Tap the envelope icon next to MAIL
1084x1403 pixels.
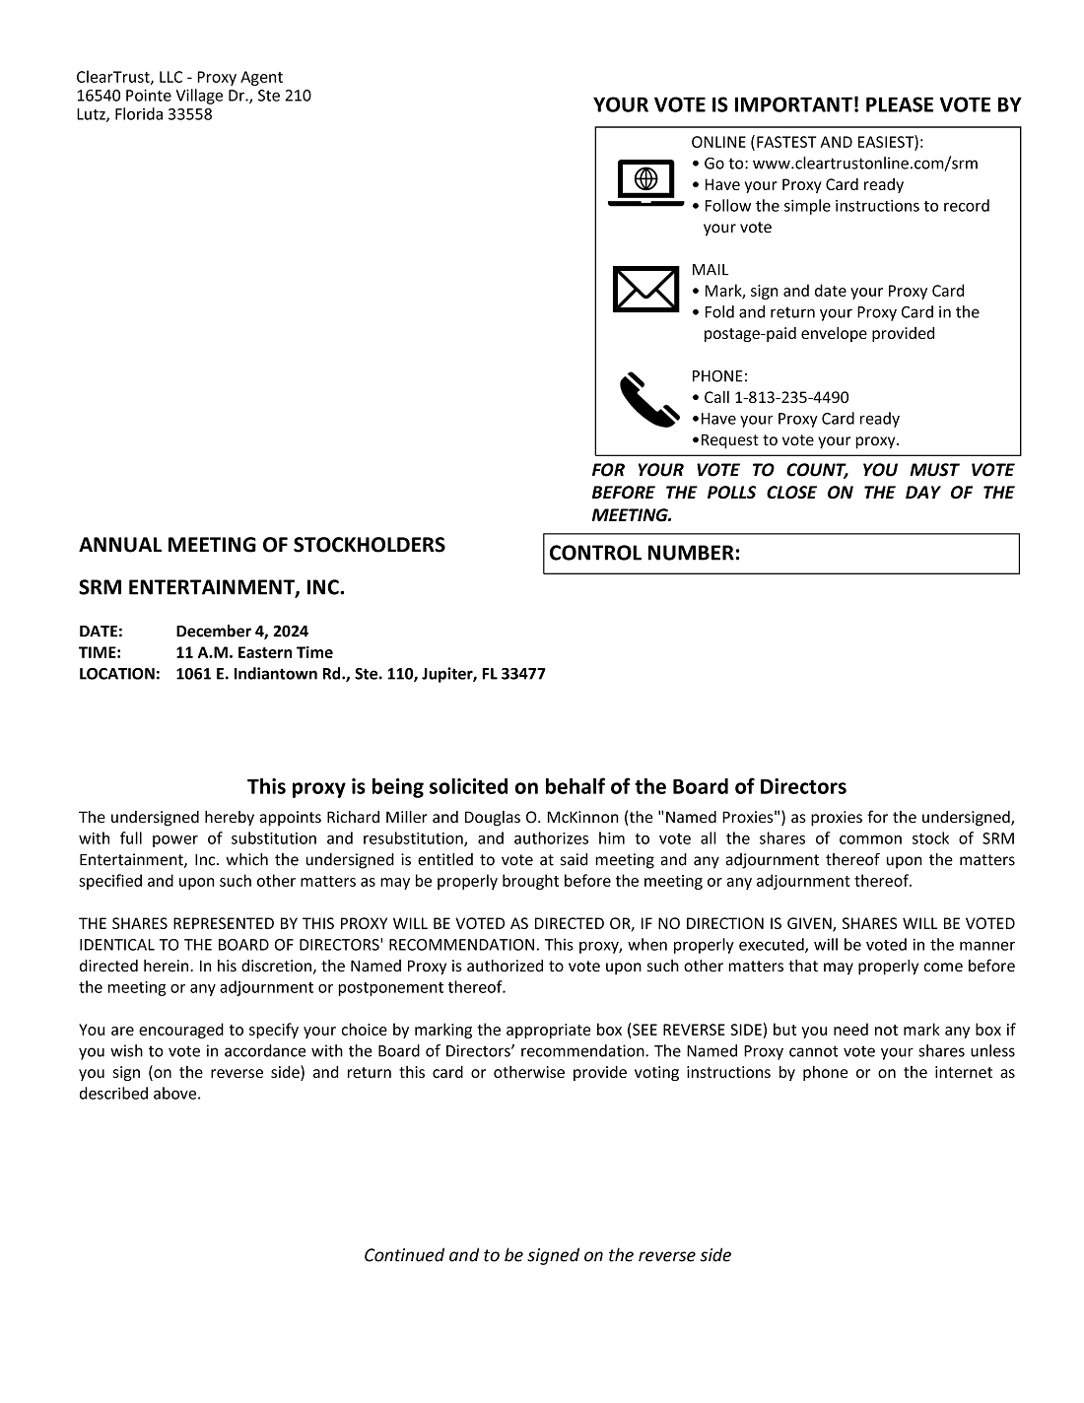pyautogui.click(x=645, y=290)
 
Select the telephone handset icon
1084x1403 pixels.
pyautogui.click(x=645, y=398)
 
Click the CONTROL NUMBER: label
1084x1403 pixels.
pyautogui.click(x=644, y=554)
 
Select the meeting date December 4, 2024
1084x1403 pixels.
pyautogui.click(x=241, y=632)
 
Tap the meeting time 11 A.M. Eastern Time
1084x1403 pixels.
pyautogui.click(x=254, y=653)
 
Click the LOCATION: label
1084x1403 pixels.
pyautogui.click(x=118, y=675)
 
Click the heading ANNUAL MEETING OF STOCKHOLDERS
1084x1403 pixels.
pyautogui.click(x=261, y=546)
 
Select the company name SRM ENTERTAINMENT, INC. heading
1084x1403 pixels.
pyautogui.click(x=212, y=589)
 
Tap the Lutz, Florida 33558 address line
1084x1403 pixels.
pyautogui.click(x=144, y=115)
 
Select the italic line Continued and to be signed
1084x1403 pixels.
pyautogui.click(x=547, y=1255)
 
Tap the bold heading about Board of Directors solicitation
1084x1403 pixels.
pyautogui.click(x=546, y=787)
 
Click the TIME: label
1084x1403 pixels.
pyautogui.click(x=100, y=653)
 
